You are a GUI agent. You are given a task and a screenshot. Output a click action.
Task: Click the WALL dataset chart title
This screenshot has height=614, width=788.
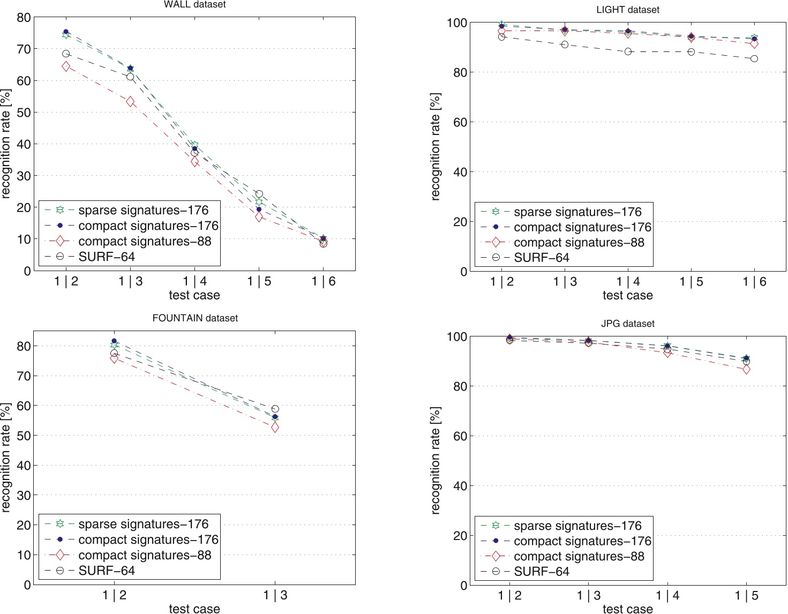click(x=194, y=5)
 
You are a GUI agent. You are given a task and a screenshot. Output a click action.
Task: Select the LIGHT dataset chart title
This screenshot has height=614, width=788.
click(x=627, y=10)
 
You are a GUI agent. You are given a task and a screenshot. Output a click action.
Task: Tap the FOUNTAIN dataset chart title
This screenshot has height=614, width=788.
click(x=195, y=318)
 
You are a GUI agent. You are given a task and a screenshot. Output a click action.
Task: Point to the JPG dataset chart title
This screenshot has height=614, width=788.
click(x=627, y=324)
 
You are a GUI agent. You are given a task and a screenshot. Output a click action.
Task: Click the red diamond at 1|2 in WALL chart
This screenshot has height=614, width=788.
click(x=66, y=66)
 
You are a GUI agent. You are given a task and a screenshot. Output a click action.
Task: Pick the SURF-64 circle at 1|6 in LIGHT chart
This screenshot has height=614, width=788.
click(x=754, y=58)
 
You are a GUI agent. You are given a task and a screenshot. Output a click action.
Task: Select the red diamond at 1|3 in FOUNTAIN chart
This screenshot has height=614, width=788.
click(x=275, y=428)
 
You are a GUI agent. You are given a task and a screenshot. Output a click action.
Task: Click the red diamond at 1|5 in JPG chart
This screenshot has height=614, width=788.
click(x=746, y=369)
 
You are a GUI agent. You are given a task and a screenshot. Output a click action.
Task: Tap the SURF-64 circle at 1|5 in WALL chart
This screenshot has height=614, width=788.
click(x=259, y=194)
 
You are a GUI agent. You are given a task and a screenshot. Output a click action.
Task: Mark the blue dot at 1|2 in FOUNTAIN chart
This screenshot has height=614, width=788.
click(x=114, y=341)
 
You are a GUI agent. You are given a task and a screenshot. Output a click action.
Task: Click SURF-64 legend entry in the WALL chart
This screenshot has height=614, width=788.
click(x=106, y=257)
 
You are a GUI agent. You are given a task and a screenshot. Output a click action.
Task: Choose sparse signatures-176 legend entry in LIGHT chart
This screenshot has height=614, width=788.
click(x=577, y=212)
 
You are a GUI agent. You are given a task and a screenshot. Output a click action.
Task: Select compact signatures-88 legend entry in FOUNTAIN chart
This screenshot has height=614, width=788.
click(x=145, y=555)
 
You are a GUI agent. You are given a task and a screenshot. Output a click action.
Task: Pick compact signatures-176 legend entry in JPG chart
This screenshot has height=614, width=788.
click(x=582, y=541)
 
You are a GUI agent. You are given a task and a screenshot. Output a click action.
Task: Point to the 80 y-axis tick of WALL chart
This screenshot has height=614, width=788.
click(x=24, y=18)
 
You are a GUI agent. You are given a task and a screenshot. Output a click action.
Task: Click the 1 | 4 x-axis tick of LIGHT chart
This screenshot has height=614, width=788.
click(x=628, y=282)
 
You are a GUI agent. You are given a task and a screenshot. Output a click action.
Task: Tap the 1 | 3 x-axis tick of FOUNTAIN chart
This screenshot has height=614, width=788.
click(x=275, y=595)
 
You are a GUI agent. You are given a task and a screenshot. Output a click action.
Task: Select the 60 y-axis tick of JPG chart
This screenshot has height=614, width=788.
click(x=460, y=436)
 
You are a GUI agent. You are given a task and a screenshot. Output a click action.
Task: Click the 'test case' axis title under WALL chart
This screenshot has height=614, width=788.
click(x=194, y=295)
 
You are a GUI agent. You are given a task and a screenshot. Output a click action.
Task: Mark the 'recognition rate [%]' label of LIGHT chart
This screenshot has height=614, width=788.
click(x=436, y=147)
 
